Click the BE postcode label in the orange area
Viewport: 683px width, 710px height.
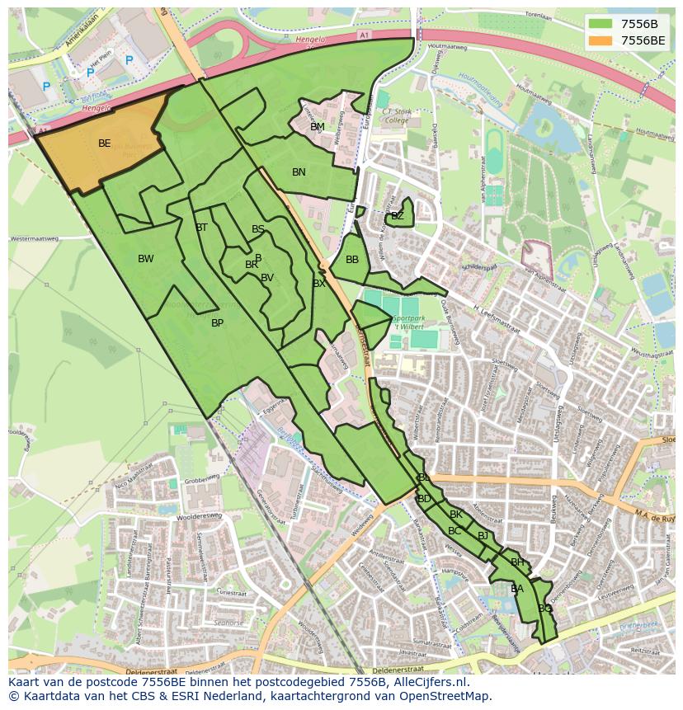coord(104,143)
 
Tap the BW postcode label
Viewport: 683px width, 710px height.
coord(145,259)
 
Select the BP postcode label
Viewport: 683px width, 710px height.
coord(217,323)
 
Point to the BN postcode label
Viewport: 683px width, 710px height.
coord(299,172)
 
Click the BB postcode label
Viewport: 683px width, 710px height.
coord(352,260)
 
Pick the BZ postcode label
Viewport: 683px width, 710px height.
coord(398,216)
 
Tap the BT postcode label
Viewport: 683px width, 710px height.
coord(201,228)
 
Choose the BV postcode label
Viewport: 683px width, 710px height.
coord(266,278)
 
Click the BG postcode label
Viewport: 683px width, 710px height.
coord(544,609)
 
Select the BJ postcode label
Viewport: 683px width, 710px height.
coord(483,536)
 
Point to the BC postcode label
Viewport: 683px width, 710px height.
coord(455,531)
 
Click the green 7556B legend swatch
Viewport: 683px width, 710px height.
coord(601,24)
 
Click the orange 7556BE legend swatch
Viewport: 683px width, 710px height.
coord(601,40)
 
